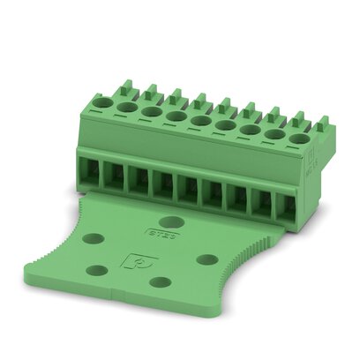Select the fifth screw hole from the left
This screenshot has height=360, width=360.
pyautogui.click(x=201, y=120)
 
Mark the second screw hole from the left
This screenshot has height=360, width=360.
pyautogui.click(x=129, y=107)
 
